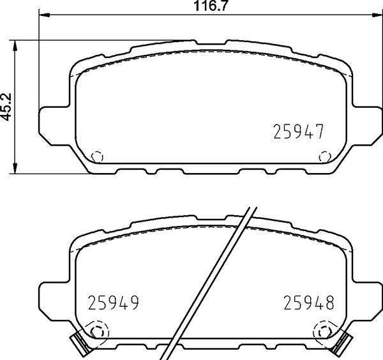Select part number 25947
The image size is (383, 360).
pyautogui.click(x=299, y=131)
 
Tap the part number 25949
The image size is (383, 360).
pyautogui.click(x=112, y=301)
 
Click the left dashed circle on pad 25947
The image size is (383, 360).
pyautogui.click(x=96, y=156)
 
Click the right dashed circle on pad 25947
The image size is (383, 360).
pyautogui.click(x=324, y=156)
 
